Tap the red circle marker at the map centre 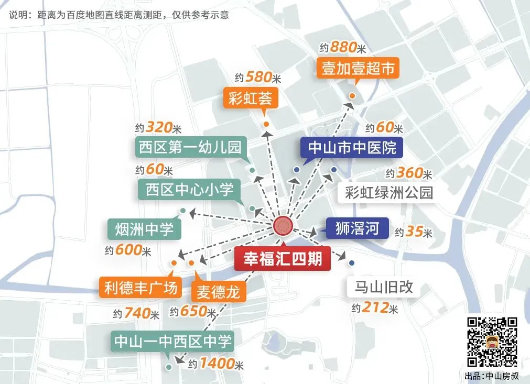click(283, 226)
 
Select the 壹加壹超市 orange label click(358, 69)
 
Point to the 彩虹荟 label click(250, 98)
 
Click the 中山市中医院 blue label click(352, 147)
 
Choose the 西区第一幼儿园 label click(190, 147)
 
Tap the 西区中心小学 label click(190, 189)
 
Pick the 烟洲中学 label click(144, 229)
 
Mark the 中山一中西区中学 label click(172, 342)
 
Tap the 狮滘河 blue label click(357, 228)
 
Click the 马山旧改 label click(384, 287)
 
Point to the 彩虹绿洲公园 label click(389, 192)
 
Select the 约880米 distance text click(342, 48)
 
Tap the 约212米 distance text click(375, 308)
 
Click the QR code click(492, 342)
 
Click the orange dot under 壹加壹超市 click(352, 96)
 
